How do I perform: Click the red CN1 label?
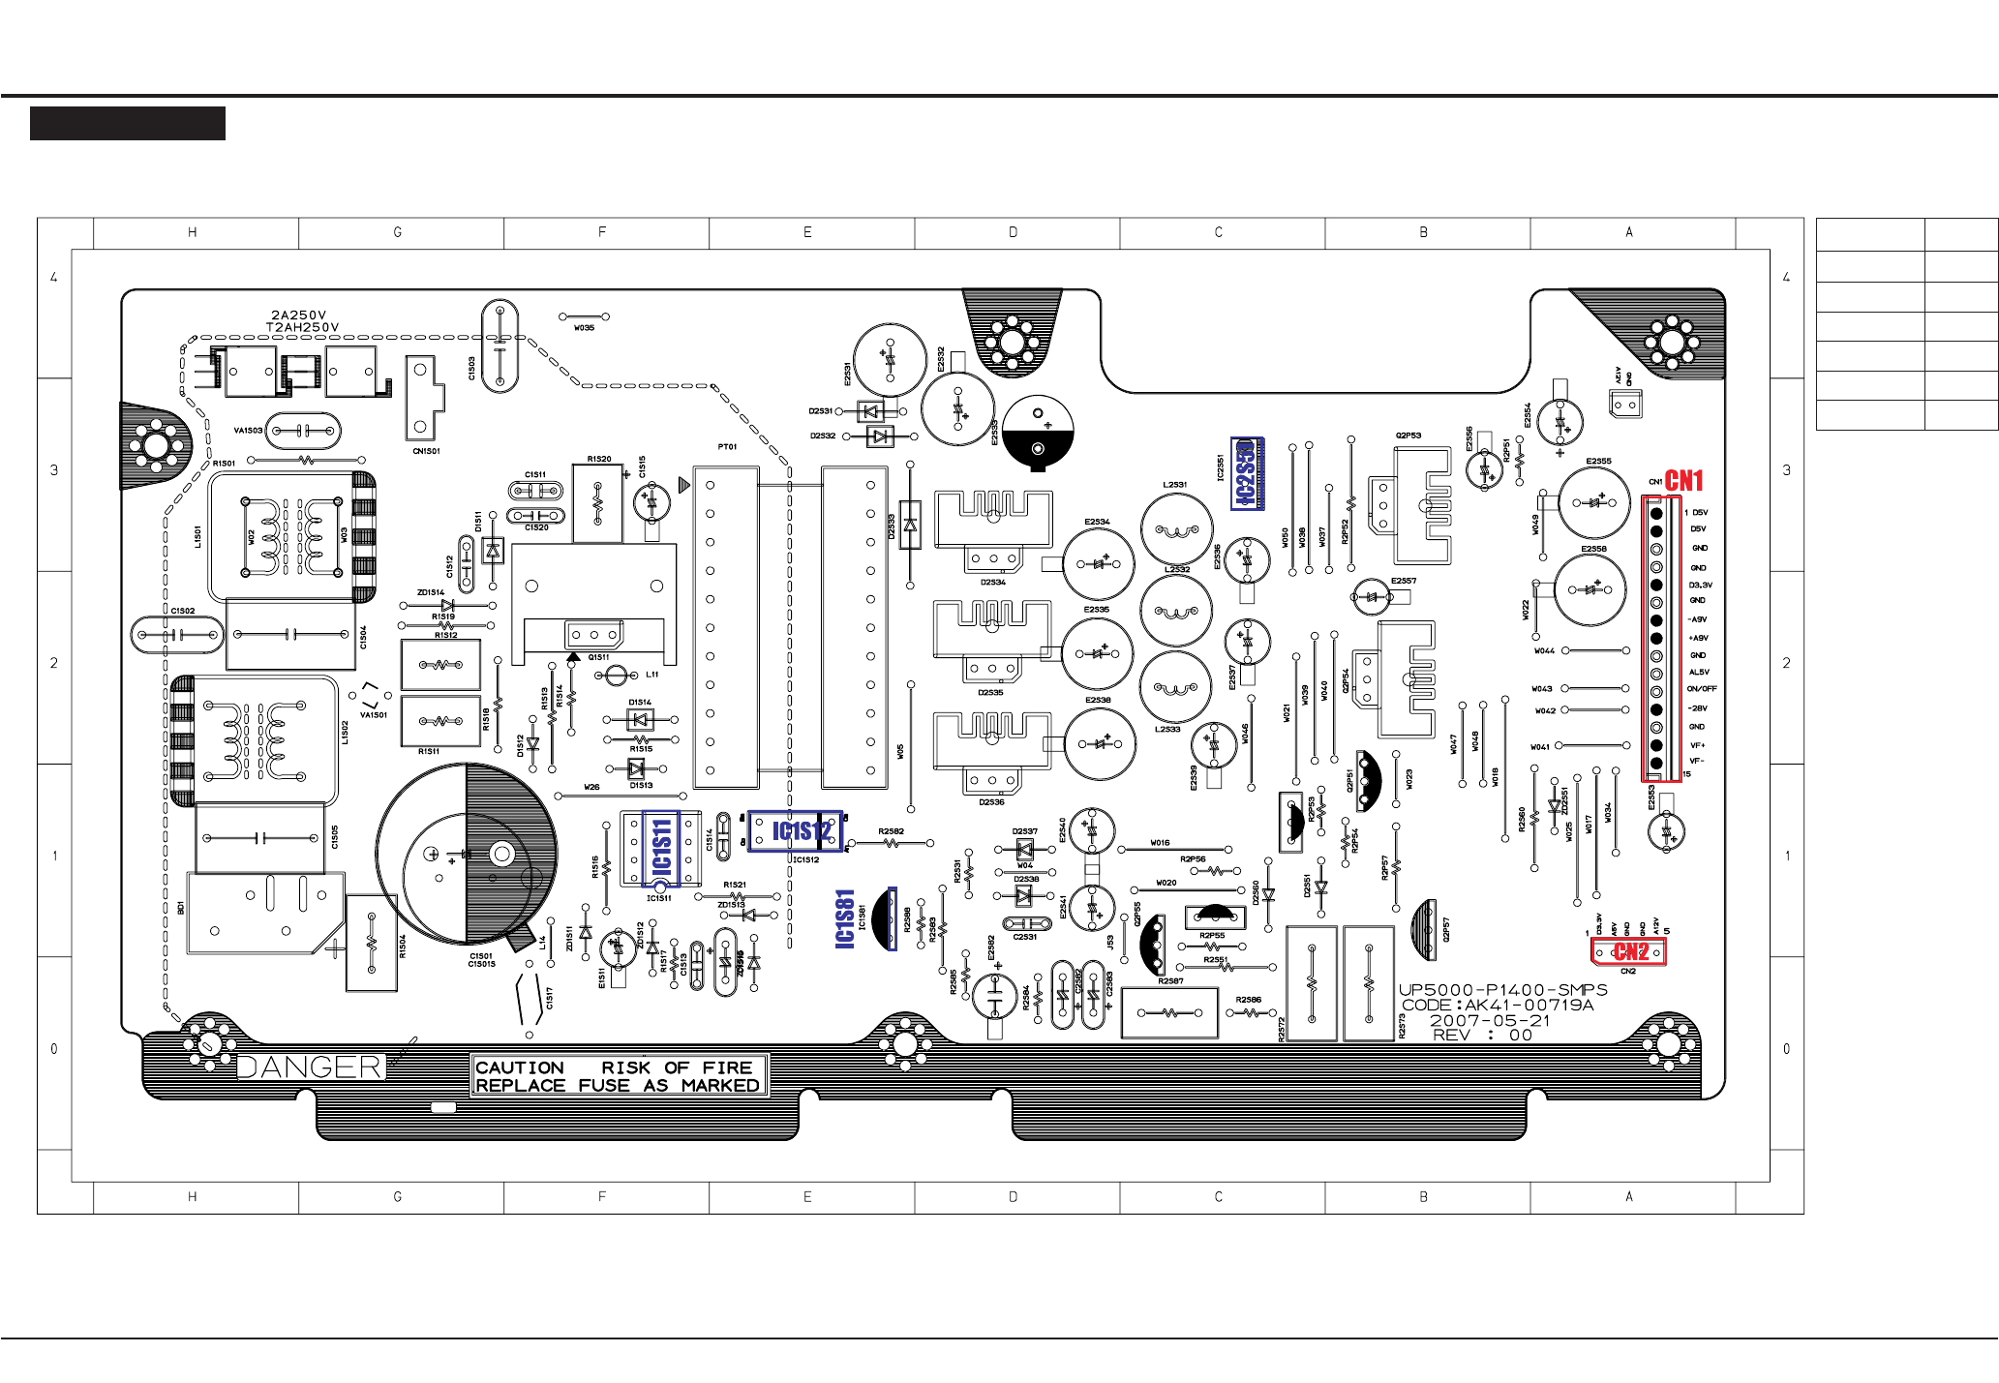pos(1683,480)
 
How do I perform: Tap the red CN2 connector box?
pos(1629,951)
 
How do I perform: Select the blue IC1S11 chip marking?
pos(661,848)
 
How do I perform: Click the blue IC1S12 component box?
pos(796,831)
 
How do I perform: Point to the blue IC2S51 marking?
pos(1247,473)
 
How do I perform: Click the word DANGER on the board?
pos(311,1067)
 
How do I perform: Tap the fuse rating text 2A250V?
pos(299,315)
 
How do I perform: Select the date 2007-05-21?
pos(1490,1020)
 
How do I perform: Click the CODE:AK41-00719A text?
pos(1498,1005)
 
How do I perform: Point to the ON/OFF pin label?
pos(1701,689)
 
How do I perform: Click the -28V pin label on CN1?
pos(1698,708)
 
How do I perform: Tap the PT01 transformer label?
pos(727,447)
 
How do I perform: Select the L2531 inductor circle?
pos(1176,529)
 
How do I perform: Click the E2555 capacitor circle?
pos(1594,502)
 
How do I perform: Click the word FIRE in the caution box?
pos(727,1067)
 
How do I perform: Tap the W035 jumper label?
pos(584,328)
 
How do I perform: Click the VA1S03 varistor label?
pos(248,431)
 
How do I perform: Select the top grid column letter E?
pos(807,232)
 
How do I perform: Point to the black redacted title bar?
pos(128,124)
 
